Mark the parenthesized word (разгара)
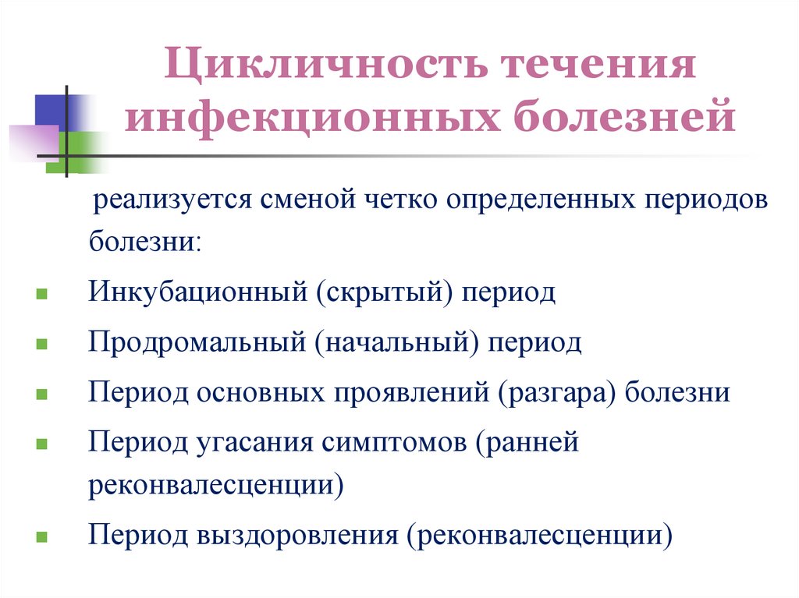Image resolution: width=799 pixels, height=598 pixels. point(555,391)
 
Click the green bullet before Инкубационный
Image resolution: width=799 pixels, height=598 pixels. point(41,296)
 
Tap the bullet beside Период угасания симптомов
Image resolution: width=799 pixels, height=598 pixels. point(41,444)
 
